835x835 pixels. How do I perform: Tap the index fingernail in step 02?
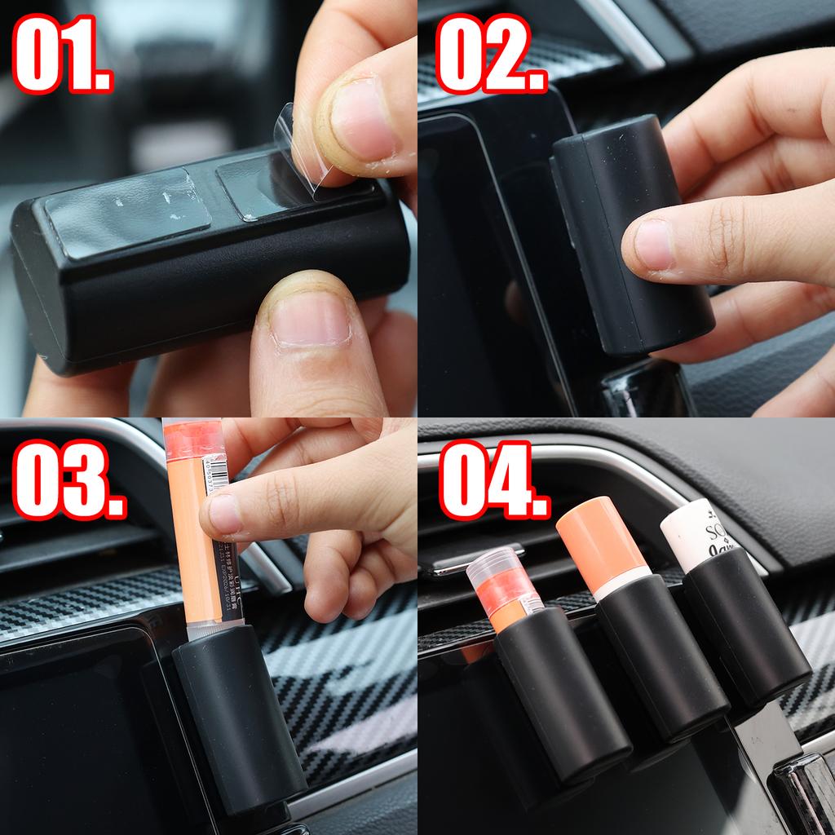click(652, 245)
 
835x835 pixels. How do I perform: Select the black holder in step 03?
click(236, 726)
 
